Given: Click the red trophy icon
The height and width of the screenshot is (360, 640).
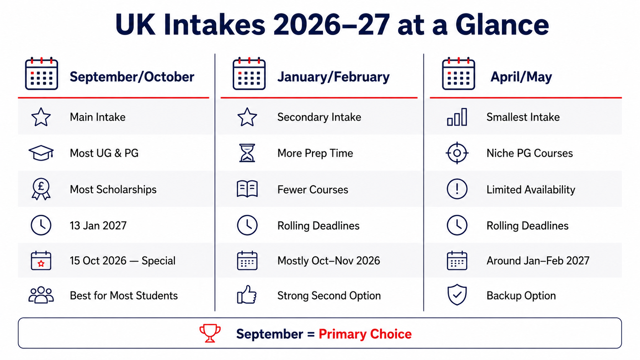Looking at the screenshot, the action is tap(210, 333).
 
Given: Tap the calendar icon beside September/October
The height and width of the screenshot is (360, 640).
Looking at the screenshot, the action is tap(42, 74).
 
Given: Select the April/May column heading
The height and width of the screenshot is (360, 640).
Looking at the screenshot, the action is tap(521, 77).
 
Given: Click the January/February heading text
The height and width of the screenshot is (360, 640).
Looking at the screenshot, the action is tap(333, 77).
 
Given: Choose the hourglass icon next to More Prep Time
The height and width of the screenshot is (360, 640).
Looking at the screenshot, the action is tap(247, 153).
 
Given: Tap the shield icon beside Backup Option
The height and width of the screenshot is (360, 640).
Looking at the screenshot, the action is tap(457, 295).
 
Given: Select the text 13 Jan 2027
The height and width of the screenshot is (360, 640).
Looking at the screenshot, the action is tap(98, 226).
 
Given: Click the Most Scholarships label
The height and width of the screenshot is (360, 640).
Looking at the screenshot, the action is tap(113, 189).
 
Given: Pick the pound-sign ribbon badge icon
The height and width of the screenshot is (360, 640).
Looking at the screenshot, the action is tap(41, 189).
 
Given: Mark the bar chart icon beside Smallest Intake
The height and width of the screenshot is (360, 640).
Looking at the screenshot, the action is tap(457, 117).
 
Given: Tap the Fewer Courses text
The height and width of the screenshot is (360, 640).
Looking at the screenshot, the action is tap(313, 189).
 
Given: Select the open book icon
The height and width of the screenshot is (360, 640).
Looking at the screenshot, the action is tap(247, 189).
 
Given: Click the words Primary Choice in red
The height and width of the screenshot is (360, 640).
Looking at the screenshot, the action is tap(365, 334).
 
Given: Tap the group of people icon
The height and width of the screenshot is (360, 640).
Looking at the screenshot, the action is tap(41, 295).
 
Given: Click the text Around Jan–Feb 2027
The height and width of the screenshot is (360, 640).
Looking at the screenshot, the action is tap(538, 261).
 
